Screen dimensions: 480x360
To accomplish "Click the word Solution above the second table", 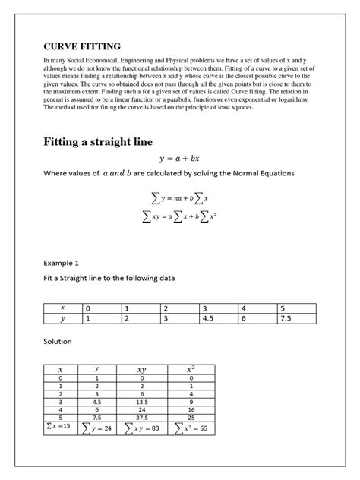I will tap(58, 341).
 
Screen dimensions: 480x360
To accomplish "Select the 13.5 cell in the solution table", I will tap(141, 402).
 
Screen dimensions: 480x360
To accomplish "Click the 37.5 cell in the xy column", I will tap(141, 417).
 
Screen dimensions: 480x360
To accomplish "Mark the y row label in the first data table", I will tap(63, 320).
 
